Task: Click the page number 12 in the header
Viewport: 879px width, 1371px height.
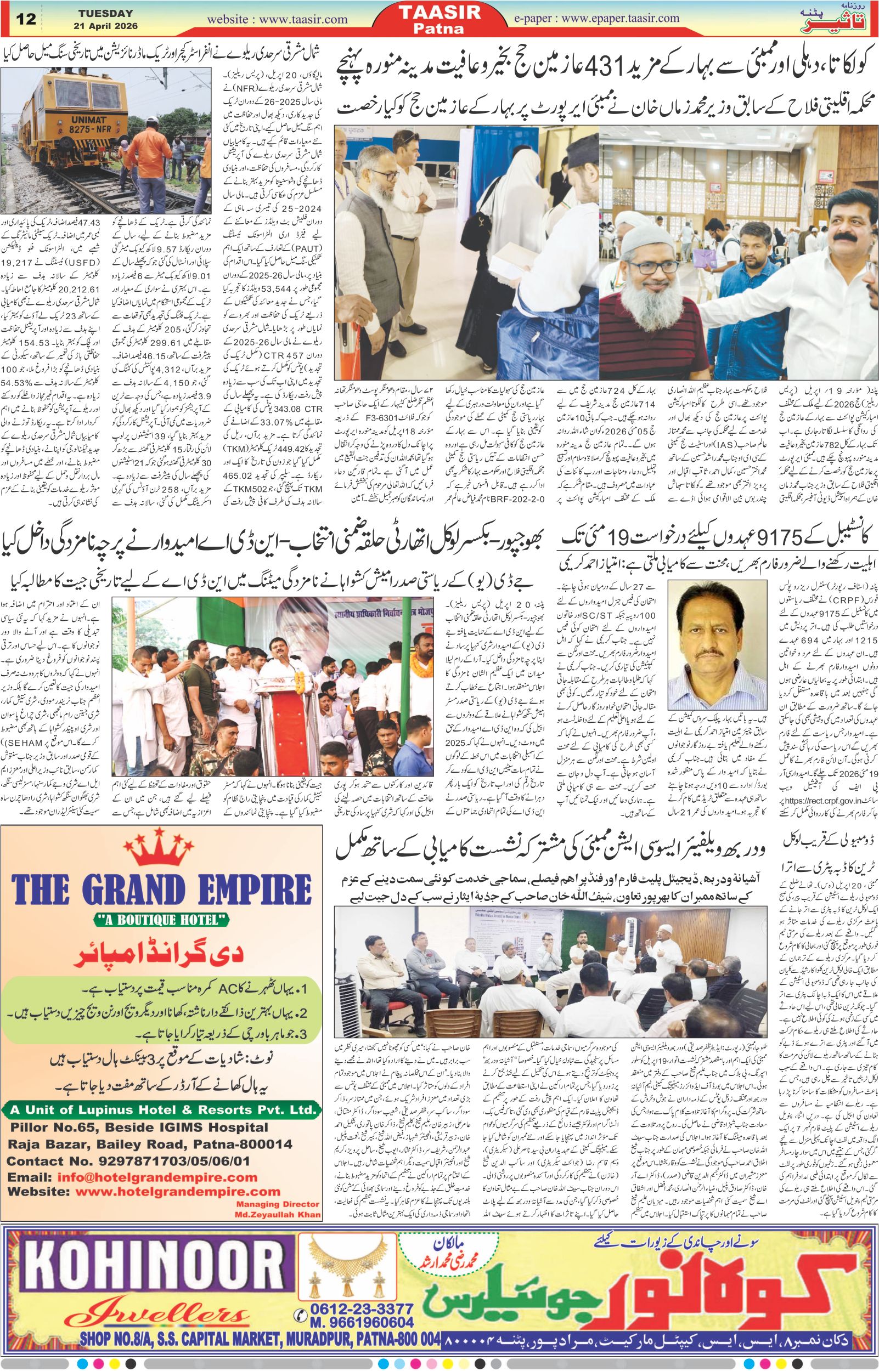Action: coord(26,19)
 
